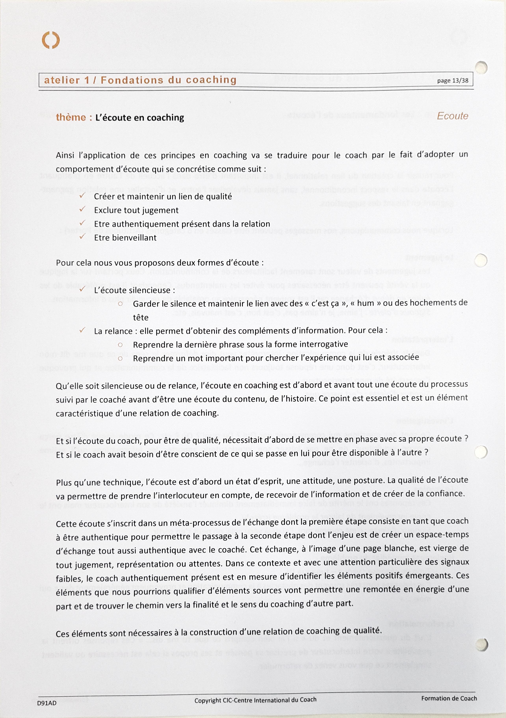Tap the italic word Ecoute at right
coord(452,116)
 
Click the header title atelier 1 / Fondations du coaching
coord(140,80)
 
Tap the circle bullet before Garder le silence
coord(120,304)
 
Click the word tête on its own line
coord(141,317)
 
